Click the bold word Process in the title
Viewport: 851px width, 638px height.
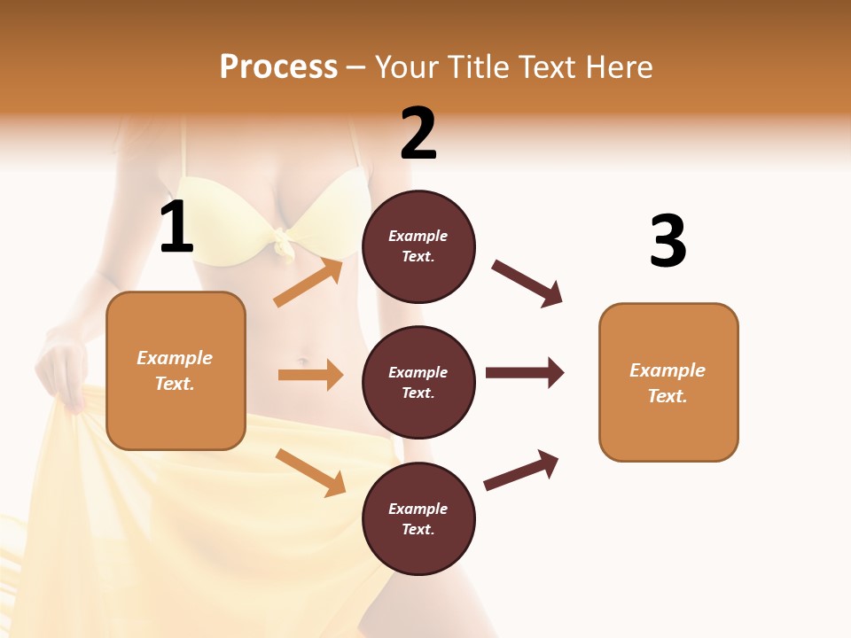click(278, 67)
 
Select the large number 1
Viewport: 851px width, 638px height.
click(176, 228)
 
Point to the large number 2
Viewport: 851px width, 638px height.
click(418, 134)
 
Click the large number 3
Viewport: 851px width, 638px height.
click(668, 241)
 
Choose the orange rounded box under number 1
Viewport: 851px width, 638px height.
click(176, 370)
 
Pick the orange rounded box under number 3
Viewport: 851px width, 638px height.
click(668, 383)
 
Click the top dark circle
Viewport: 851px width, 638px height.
click(418, 246)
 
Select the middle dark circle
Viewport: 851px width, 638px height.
click(418, 383)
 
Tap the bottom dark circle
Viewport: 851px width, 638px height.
click(418, 519)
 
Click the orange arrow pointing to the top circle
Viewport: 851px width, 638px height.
click(308, 283)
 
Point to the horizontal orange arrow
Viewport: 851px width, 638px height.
click(310, 375)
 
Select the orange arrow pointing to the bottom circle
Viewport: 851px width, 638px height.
click(311, 472)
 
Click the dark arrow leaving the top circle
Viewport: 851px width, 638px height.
click(527, 284)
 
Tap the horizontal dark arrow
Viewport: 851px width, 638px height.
click(525, 373)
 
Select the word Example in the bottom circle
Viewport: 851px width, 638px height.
click(418, 509)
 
